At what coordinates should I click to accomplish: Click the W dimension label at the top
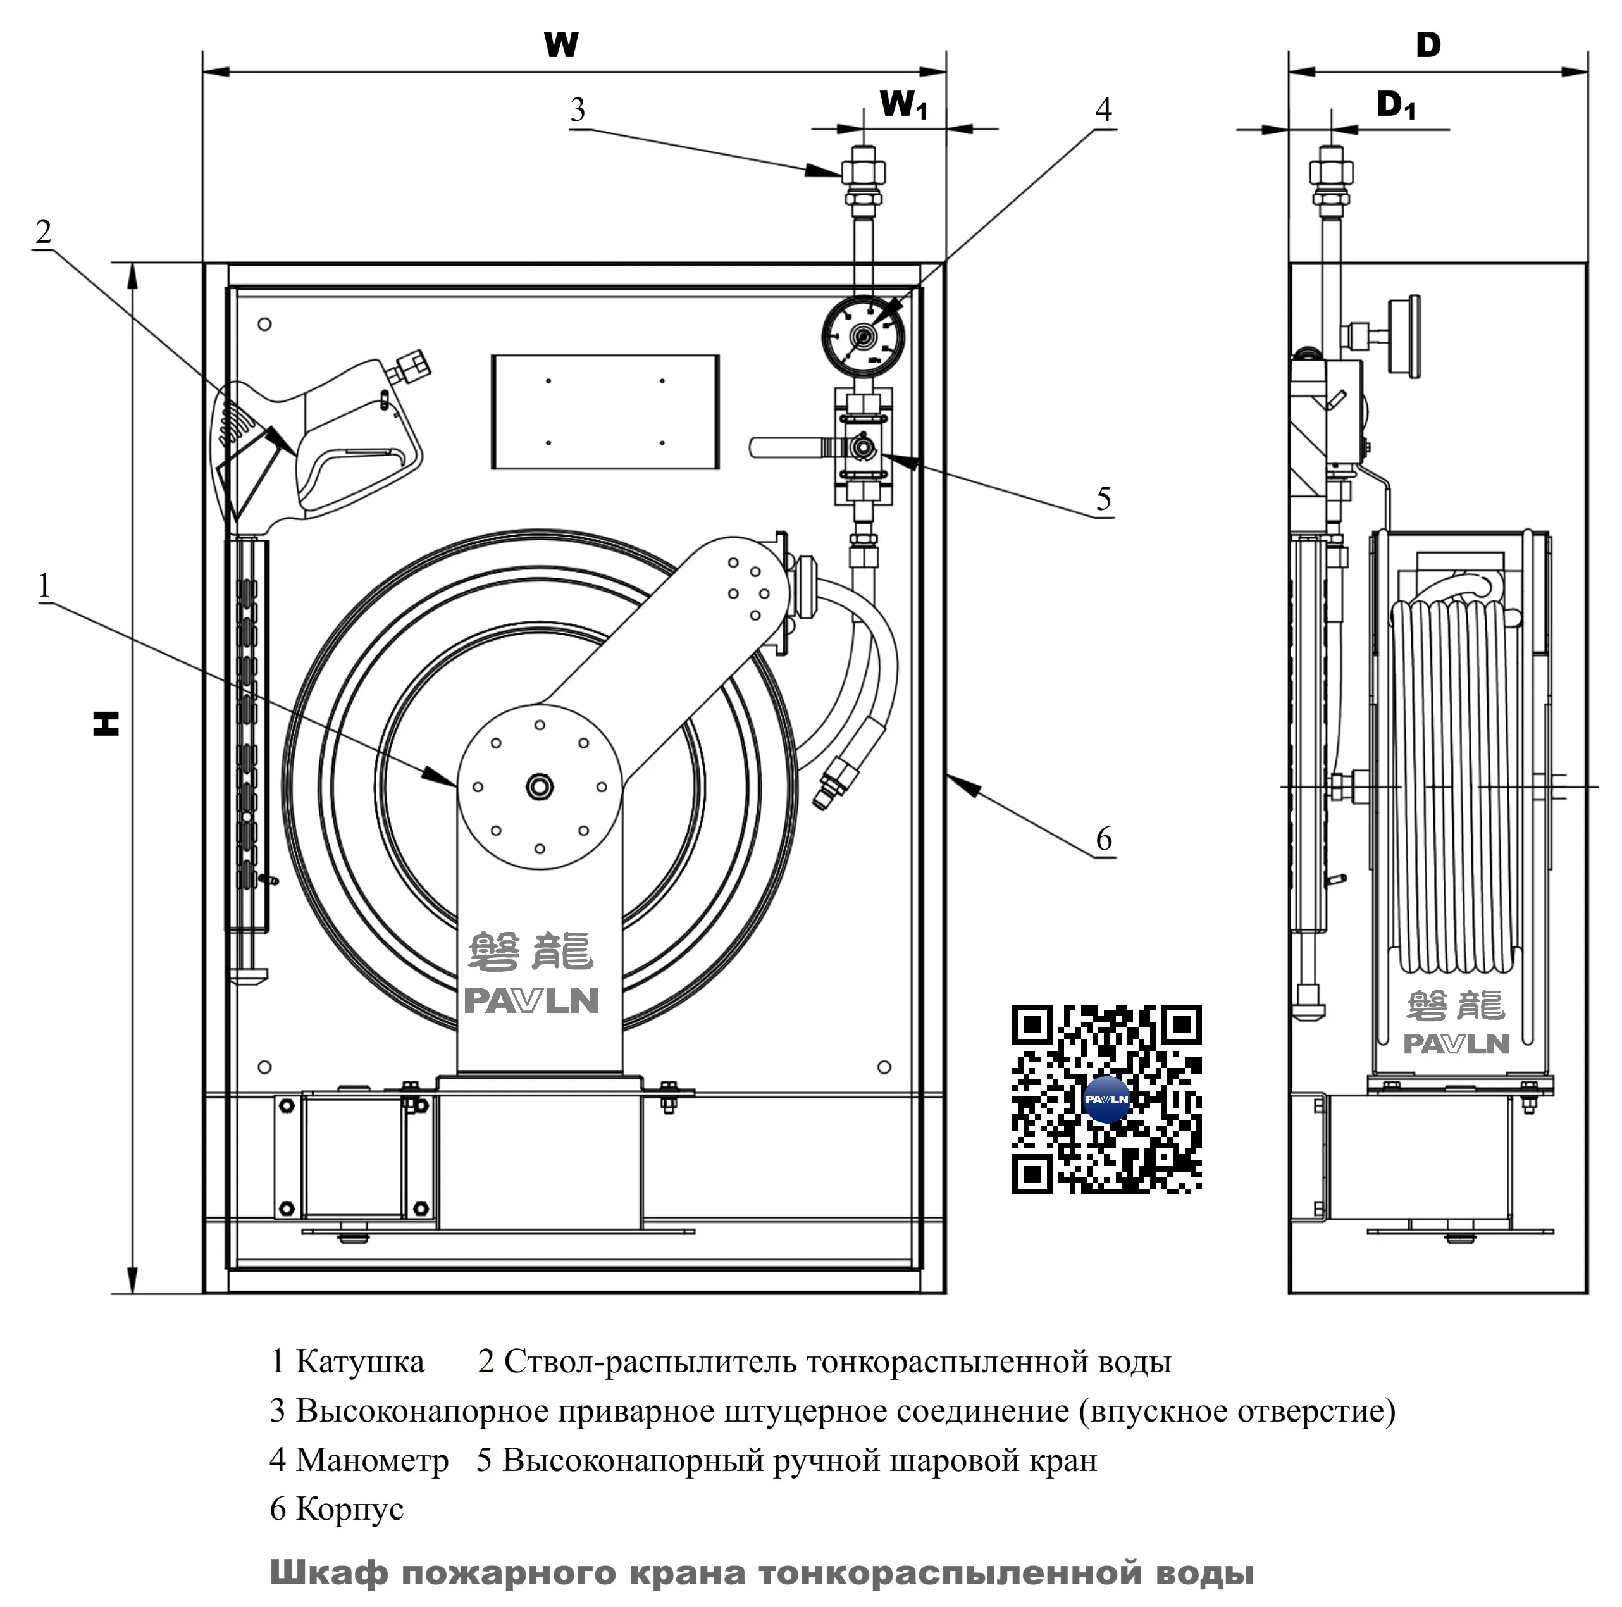[561, 44]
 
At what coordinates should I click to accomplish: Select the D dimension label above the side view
[1427, 44]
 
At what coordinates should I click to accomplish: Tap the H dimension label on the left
[107, 723]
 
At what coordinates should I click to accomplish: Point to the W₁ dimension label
[903, 105]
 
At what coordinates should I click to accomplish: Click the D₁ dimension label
[1396, 105]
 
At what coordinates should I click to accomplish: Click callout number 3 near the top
[578, 110]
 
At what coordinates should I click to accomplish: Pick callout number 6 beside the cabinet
[1103, 838]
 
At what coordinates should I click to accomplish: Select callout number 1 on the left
[44, 585]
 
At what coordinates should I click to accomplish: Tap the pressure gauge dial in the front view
[862, 337]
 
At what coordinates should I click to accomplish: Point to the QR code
[1106, 1099]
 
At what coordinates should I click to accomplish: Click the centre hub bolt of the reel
[539, 786]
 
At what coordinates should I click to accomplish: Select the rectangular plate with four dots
[605, 411]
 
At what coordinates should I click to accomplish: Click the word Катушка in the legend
[359, 1361]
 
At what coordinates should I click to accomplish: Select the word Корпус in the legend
[349, 1509]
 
